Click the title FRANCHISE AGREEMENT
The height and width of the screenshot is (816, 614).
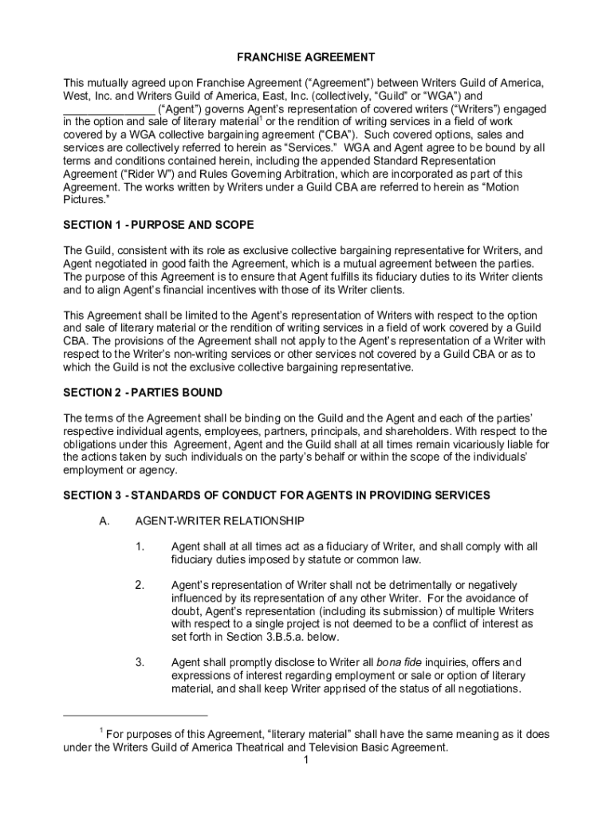point(306,57)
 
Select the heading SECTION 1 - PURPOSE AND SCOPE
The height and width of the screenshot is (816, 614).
point(159,225)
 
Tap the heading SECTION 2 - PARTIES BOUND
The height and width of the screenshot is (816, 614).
point(143,393)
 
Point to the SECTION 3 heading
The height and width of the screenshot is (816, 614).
point(277,496)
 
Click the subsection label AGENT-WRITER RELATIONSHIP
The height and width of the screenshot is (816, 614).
point(219,521)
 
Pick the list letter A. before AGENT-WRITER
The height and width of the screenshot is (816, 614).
point(103,521)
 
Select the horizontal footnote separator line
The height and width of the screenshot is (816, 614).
point(136,715)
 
